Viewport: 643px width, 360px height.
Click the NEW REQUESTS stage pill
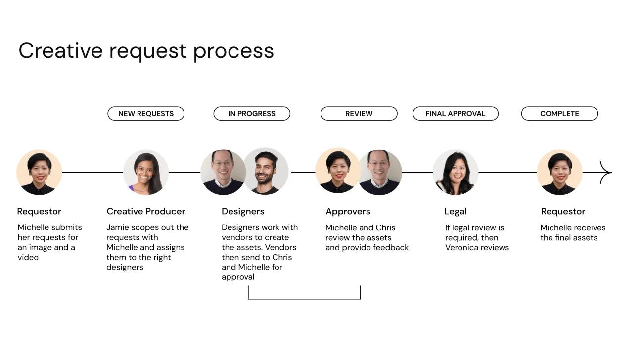click(x=146, y=114)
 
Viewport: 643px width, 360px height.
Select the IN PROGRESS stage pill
click(x=252, y=114)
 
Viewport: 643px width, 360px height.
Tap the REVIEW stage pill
click(x=359, y=114)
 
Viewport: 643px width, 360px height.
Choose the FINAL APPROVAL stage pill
click(x=456, y=114)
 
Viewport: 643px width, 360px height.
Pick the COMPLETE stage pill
click(x=559, y=114)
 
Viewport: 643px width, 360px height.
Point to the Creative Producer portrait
click(x=146, y=173)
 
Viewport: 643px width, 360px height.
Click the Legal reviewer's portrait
click(x=456, y=173)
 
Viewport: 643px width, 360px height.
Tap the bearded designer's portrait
click(x=266, y=172)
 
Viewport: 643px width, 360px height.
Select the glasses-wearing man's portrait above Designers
click(x=223, y=173)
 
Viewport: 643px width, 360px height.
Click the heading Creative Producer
click(x=146, y=211)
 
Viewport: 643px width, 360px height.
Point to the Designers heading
click(x=243, y=211)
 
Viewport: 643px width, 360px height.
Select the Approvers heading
click(x=348, y=211)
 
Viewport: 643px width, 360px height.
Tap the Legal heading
click(x=456, y=211)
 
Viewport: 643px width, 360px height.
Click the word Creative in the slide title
click(x=61, y=50)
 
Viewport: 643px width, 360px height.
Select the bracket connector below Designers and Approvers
click(x=304, y=298)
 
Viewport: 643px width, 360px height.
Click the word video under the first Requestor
click(x=28, y=257)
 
